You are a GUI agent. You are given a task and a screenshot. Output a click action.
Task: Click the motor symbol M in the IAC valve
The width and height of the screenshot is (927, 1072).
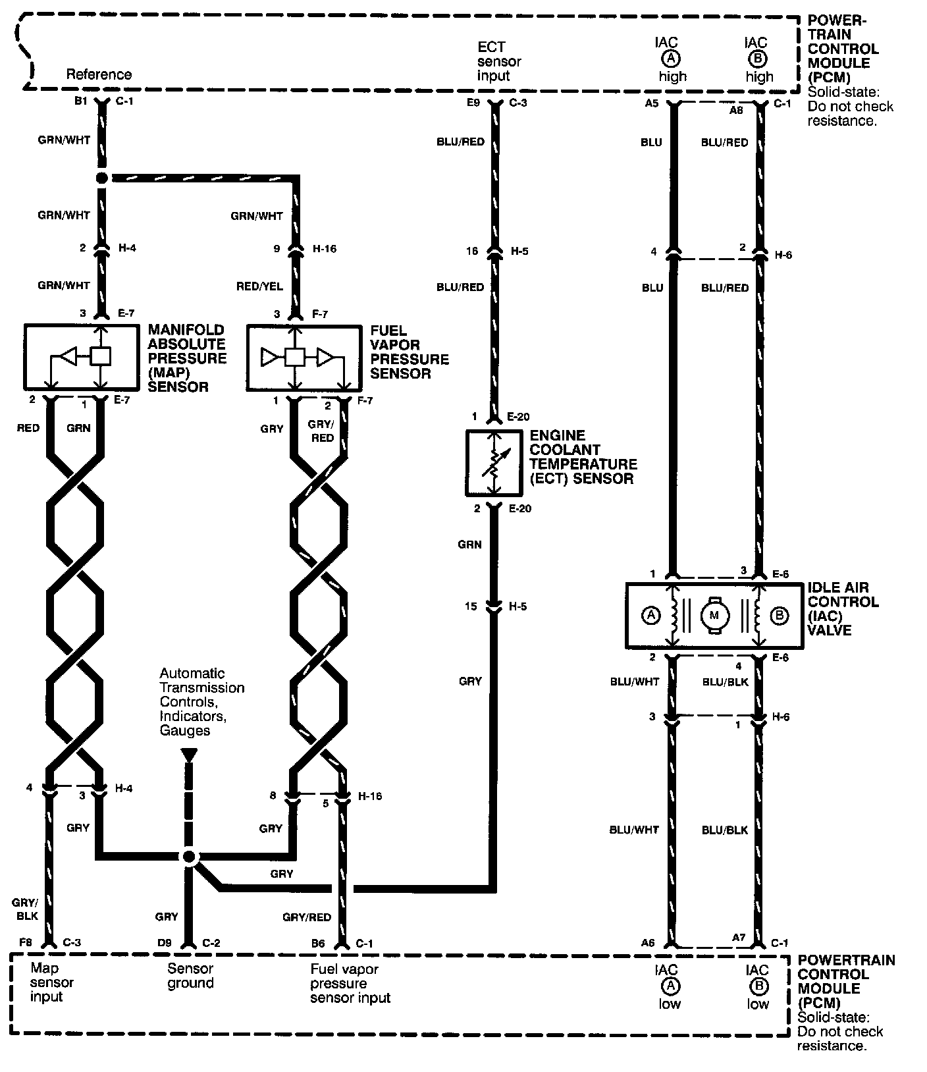pyautogui.click(x=714, y=615)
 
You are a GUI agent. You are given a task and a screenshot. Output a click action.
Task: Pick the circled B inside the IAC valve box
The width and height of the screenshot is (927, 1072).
pyautogui.click(x=779, y=616)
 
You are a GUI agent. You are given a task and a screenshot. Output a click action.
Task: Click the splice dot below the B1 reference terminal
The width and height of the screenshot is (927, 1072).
pyautogui.click(x=101, y=178)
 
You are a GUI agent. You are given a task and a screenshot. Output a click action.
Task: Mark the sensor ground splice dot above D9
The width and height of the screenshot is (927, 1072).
pyautogui.click(x=189, y=856)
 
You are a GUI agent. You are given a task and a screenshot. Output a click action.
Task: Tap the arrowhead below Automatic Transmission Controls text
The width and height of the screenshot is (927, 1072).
pyautogui.click(x=189, y=755)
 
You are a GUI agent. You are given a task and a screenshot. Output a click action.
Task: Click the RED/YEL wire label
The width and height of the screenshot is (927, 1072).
pyautogui.click(x=259, y=286)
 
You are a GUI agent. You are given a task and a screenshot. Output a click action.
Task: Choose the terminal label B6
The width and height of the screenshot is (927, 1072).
pyautogui.click(x=318, y=943)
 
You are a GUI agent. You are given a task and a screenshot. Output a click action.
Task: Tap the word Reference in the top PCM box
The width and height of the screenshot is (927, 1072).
pyautogui.click(x=99, y=74)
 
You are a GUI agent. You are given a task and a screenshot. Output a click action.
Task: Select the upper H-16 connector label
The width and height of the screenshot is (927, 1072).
pyautogui.click(x=325, y=249)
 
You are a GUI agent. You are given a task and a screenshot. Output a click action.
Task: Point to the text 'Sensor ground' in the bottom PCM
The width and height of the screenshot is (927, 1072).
pyautogui.click(x=190, y=976)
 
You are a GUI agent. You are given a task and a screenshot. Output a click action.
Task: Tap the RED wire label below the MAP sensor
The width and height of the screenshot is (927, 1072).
pyautogui.click(x=28, y=428)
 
